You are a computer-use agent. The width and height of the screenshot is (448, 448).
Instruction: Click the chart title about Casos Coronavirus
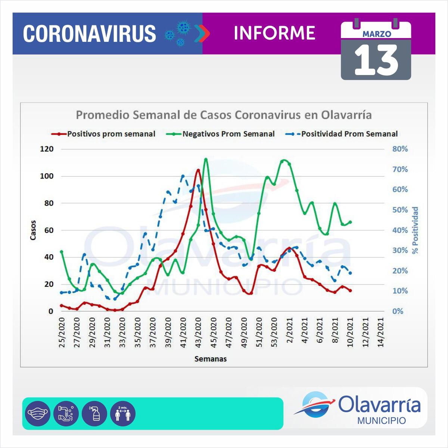(x=224, y=115)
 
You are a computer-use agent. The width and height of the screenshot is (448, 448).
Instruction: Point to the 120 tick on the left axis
(x=47, y=149)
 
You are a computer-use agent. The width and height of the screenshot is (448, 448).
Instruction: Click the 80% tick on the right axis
(x=400, y=149)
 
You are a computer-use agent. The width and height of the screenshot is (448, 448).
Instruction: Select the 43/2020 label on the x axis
(x=199, y=333)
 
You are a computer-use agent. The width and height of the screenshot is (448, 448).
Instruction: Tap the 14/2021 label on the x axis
(x=381, y=333)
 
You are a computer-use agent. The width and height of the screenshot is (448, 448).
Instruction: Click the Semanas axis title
(x=210, y=359)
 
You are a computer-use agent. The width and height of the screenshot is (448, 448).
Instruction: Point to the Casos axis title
(x=33, y=230)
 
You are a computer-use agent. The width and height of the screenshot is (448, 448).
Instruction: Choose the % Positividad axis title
(x=415, y=230)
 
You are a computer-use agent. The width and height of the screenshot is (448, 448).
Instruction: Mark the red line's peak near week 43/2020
(x=198, y=170)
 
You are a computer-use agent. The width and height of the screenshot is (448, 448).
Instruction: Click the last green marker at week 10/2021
(x=350, y=222)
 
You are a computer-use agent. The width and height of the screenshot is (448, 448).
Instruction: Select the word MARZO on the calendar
(x=377, y=34)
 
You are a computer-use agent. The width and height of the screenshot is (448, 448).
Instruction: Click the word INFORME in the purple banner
(x=274, y=33)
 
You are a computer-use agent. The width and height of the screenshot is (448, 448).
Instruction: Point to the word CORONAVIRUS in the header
(x=90, y=34)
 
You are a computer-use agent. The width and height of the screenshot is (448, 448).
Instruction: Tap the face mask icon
(x=37, y=414)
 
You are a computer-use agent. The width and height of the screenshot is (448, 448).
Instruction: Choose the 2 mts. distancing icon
(x=123, y=414)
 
